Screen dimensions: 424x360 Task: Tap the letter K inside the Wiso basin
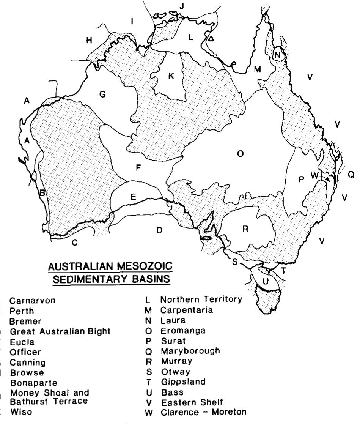point(171,76)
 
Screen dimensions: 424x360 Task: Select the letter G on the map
point(102,95)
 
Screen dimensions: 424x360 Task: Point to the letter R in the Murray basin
point(245,229)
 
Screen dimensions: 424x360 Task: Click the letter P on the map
point(302,180)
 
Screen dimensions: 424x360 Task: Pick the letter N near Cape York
point(278,55)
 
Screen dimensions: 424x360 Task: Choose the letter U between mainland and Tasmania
point(266,281)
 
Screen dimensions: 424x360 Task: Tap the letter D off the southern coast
point(159,230)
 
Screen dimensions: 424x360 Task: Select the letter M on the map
point(258,69)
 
